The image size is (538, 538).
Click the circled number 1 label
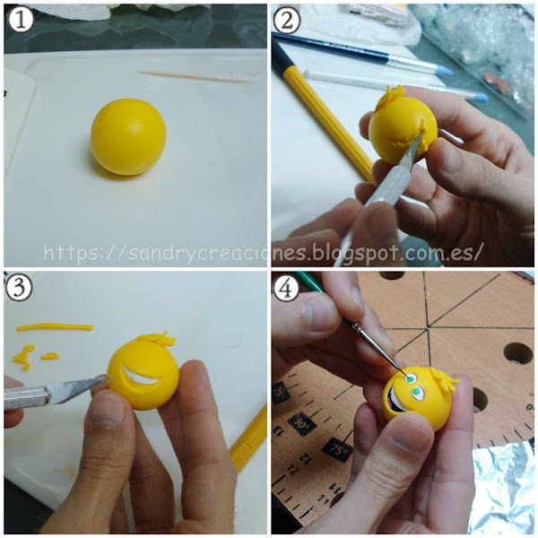pyautogui.click(x=21, y=20)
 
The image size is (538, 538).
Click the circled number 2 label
pyautogui.click(x=287, y=20)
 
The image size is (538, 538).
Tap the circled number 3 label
pyautogui.click(x=19, y=288)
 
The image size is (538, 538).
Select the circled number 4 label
pyautogui.click(x=287, y=288)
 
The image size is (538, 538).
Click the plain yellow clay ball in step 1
pyautogui.click(x=128, y=136)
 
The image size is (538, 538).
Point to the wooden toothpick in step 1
pyautogui.click(x=196, y=77)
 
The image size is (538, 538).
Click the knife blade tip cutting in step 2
pyautogui.click(x=421, y=134)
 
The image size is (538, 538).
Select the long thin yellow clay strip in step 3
pyautogui.click(x=55, y=327)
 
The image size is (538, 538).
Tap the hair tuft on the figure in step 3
pyautogui.click(x=156, y=339)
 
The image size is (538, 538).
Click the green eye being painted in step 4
pyautogui.click(x=410, y=378)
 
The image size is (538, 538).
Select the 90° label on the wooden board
pyautogui.click(x=302, y=425)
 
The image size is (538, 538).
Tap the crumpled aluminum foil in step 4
pyautogui.click(x=503, y=487)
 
